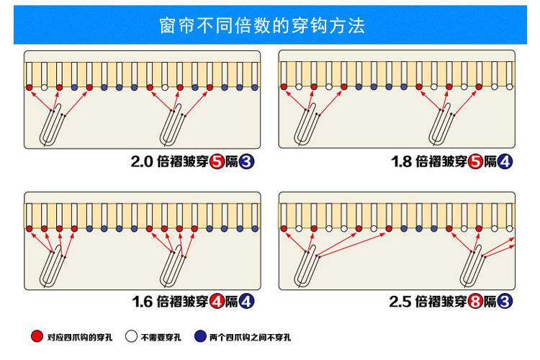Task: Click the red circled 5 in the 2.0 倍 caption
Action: (217, 163)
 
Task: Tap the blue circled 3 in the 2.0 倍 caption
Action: (247, 163)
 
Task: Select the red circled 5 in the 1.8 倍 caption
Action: (475, 163)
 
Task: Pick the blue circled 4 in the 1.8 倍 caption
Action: (505, 163)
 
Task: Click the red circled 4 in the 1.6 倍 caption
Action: (217, 302)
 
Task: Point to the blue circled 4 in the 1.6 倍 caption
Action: (247, 302)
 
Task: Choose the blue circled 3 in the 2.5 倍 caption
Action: (505, 302)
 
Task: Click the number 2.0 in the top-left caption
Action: (142, 163)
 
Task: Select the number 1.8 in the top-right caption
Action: (401, 163)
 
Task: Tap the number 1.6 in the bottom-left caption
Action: (143, 302)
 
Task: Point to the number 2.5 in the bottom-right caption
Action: (400, 302)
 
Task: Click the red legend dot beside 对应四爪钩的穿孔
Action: (37, 336)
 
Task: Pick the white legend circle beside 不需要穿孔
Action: (131, 336)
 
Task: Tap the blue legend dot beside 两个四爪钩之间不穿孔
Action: (201, 336)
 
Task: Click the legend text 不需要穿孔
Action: (161, 337)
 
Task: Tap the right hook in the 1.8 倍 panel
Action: (440, 126)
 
